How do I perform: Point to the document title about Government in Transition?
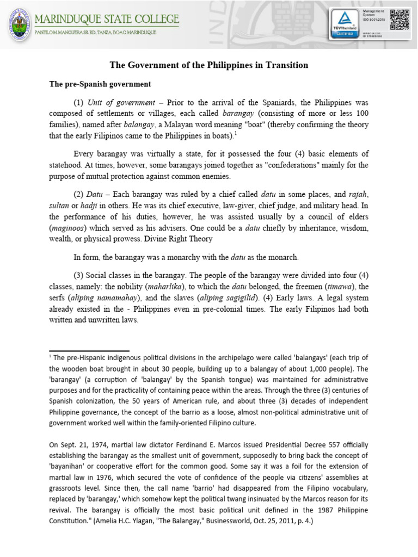coord(209,65)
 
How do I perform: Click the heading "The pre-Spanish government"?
coord(96,84)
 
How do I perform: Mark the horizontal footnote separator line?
coord(89,351)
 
